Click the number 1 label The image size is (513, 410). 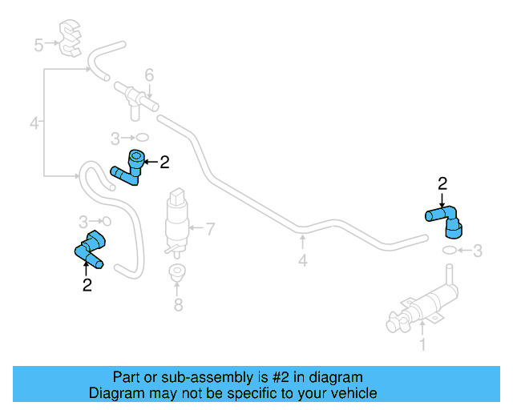tap(423, 347)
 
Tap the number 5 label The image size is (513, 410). tap(38, 45)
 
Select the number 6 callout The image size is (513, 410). tap(149, 75)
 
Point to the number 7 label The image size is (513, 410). tap(211, 230)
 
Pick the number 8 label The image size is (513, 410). tap(179, 304)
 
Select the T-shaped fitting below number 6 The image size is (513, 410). tap(135, 98)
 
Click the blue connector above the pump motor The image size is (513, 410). tap(445, 221)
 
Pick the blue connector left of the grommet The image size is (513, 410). tap(90, 249)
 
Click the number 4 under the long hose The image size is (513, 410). tap(302, 260)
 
